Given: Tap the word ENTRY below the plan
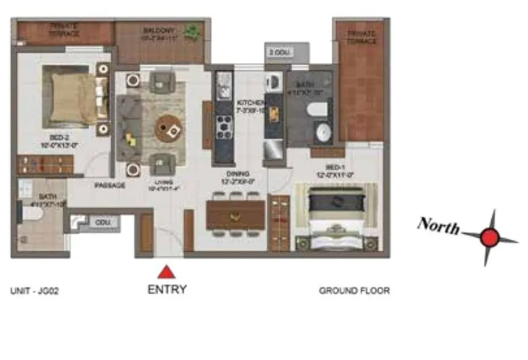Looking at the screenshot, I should [167, 290].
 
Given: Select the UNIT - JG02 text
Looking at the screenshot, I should [34, 291].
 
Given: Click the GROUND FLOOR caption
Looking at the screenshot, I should [354, 291].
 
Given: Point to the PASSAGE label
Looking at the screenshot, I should [110, 185].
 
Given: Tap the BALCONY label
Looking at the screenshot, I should [158, 31].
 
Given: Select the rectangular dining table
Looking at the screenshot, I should [235, 214].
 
